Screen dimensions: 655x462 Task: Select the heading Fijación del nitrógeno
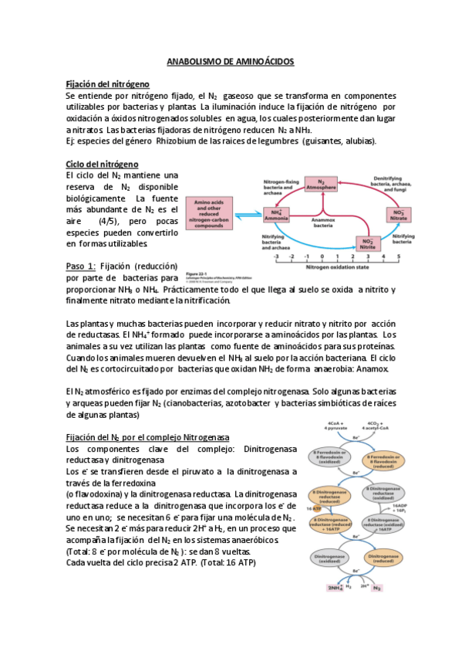pos(107,83)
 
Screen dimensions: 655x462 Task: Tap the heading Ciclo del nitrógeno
pos(102,165)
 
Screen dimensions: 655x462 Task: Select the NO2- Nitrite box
pos(367,241)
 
